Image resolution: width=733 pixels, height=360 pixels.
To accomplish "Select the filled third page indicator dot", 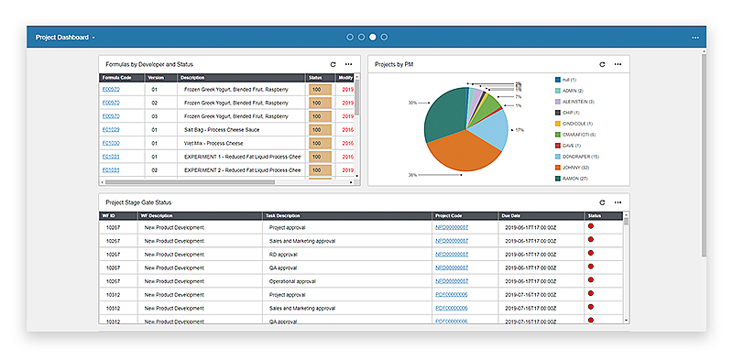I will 372,38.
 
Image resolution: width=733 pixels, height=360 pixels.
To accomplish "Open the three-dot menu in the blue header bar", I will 695,38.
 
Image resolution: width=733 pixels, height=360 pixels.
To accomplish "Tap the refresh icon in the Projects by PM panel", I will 602,65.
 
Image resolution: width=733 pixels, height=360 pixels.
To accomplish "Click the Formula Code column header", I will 117,78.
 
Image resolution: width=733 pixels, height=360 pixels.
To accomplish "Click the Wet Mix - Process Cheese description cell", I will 221,143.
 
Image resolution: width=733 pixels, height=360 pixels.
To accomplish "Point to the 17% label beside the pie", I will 520,130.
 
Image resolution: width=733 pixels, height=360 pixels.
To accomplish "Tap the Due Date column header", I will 512,216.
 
